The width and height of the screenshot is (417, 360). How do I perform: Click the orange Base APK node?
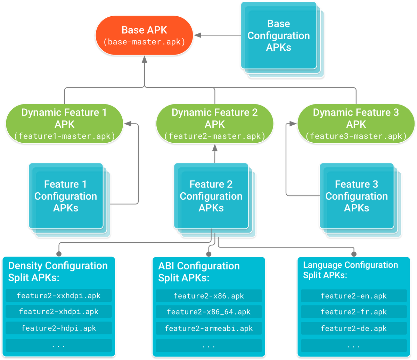coord(144,35)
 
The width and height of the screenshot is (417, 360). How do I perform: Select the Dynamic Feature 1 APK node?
coord(65,124)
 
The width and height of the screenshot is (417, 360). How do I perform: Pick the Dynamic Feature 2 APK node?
coord(215,124)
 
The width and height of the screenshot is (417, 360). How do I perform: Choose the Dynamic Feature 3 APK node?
coord(356,124)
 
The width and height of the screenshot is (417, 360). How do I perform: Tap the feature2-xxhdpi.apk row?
coord(59,295)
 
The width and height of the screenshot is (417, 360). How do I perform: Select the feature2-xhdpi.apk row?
coord(59,311)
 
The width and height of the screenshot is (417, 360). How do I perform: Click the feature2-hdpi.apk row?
coord(59,328)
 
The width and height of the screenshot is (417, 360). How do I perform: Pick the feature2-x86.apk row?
coord(209,296)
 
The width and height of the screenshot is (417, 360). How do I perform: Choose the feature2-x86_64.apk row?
coord(209,312)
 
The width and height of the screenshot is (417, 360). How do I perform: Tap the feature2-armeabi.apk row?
coord(209,328)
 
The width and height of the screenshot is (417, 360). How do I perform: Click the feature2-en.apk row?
coord(354,296)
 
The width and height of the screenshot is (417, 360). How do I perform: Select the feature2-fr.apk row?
coord(354,312)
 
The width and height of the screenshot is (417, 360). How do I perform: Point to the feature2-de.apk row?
coord(354,328)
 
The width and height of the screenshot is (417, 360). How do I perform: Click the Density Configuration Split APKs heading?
coord(58,271)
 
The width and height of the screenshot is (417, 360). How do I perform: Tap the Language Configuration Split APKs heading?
coord(351,270)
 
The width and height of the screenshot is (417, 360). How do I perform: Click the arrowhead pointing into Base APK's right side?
coord(198,35)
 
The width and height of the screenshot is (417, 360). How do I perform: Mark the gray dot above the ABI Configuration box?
coord(209,254)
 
